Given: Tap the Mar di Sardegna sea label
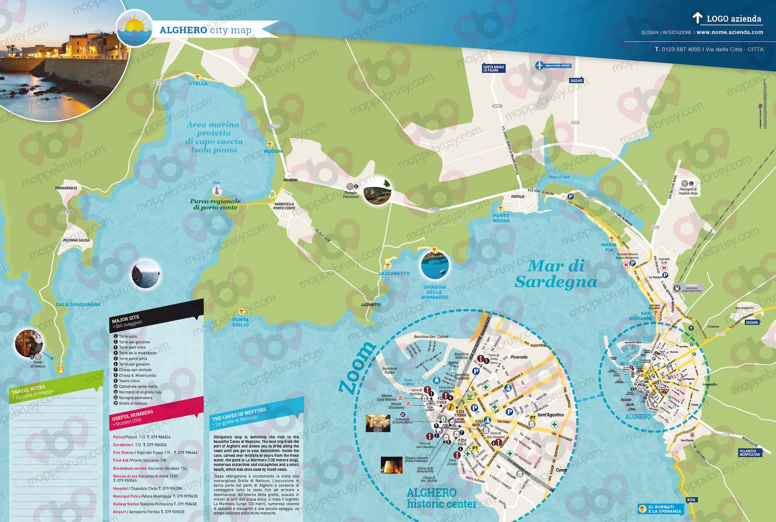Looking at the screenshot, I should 556,274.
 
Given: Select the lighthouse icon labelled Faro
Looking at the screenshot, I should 217,191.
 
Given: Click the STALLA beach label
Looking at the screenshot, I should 198,84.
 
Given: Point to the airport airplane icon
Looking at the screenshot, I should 540,66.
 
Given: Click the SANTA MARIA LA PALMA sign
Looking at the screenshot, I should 493,68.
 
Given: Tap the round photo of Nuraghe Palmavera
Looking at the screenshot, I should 377,192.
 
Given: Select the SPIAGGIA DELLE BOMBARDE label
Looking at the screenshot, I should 435,292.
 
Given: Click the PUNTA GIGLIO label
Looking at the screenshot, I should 241,322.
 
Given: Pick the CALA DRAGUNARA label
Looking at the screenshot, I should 78,305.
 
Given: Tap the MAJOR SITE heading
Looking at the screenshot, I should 126,319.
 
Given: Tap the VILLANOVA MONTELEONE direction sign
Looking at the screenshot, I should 750,453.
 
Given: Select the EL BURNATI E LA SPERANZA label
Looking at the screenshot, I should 664,509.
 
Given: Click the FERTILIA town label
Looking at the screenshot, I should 518,197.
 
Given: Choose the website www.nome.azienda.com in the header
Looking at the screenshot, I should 730,32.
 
